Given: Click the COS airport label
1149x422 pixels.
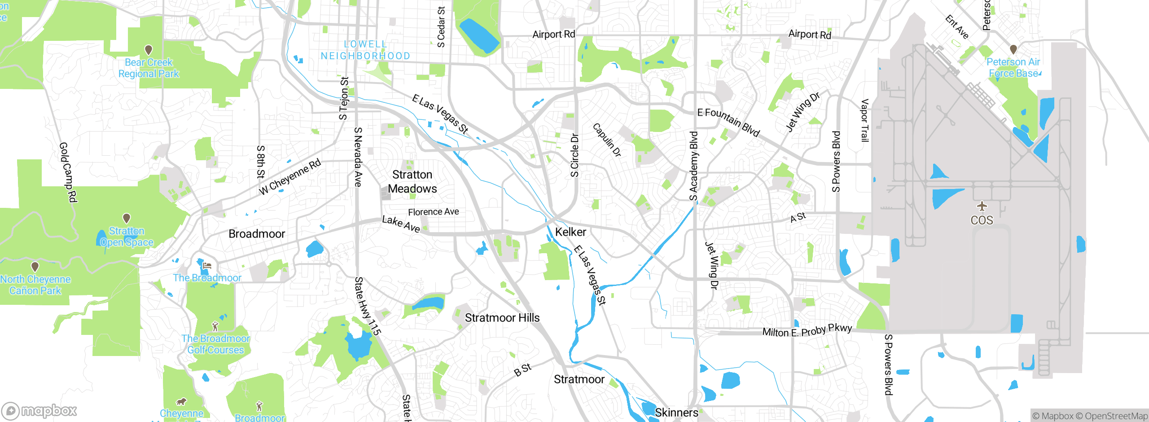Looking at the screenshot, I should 982,220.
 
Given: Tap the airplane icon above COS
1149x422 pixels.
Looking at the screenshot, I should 982,207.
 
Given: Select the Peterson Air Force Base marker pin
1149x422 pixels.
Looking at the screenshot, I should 1013,49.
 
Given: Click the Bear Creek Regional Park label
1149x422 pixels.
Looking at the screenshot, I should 149,68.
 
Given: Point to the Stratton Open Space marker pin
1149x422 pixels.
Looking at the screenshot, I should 127,218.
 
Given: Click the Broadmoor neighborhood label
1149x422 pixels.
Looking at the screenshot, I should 257,234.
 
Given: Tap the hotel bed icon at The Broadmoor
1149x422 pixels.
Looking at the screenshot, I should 206,266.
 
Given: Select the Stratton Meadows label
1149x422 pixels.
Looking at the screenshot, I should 412,182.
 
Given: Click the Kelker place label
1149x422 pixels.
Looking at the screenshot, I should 570,232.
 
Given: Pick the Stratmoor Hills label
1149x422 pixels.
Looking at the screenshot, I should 502,318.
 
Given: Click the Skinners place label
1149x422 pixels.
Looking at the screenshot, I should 676,413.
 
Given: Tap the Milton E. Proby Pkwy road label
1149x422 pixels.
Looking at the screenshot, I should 807,331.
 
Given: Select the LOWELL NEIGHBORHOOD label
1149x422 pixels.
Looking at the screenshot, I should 365,50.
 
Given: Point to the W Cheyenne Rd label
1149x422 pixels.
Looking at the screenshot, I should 290,176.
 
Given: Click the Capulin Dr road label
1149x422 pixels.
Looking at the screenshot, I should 607,140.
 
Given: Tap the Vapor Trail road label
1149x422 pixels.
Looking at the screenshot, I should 864,120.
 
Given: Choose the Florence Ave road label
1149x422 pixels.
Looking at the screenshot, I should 433,212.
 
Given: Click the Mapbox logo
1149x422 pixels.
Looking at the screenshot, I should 39,410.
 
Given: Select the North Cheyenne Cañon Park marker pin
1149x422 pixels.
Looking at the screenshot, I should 35,267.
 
